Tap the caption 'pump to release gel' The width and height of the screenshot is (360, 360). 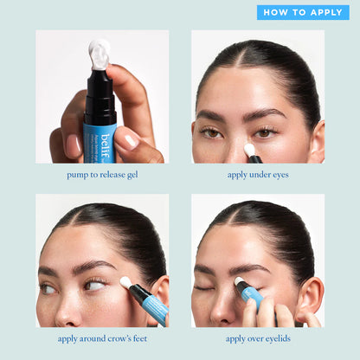coord(101,175)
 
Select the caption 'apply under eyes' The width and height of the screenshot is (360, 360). coord(257,175)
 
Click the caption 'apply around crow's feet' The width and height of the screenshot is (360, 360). coord(101,338)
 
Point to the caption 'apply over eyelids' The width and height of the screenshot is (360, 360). coord(257,338)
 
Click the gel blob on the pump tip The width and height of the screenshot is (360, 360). coord(100,54)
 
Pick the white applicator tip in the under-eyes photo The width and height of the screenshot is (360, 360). coord(250,150)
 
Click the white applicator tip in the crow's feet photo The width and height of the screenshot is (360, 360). coord(126,283)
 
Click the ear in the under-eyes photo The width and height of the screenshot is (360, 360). coord(317,138)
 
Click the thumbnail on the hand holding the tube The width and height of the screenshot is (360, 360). coord(131,140)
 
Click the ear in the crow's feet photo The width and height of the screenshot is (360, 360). coord(159,290)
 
